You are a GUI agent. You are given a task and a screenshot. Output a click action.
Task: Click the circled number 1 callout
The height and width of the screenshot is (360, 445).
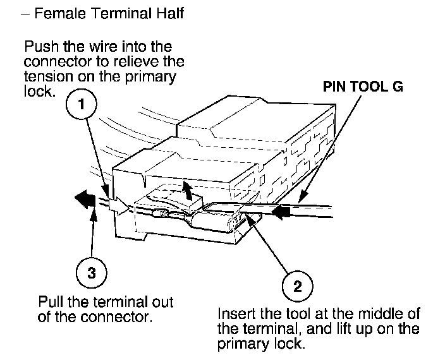(x=82, y=104)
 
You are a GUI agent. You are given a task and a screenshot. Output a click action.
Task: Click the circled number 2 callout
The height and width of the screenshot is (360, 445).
(x=298, y=286)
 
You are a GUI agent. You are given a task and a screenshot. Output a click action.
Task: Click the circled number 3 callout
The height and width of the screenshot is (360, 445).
(x=92, y=273)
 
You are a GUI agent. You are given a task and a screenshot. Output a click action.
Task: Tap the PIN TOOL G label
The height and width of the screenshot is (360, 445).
(x=363, y=87)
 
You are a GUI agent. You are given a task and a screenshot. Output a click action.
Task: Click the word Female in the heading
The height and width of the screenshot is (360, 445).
(x=60, y=13)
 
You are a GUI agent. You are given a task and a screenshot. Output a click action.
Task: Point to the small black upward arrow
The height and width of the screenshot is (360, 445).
(x=186, y=191)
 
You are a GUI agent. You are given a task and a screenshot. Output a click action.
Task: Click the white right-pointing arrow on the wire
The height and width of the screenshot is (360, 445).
(x=119, y=206)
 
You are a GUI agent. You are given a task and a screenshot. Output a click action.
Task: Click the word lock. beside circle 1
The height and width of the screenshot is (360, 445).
(x=39, y=92)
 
